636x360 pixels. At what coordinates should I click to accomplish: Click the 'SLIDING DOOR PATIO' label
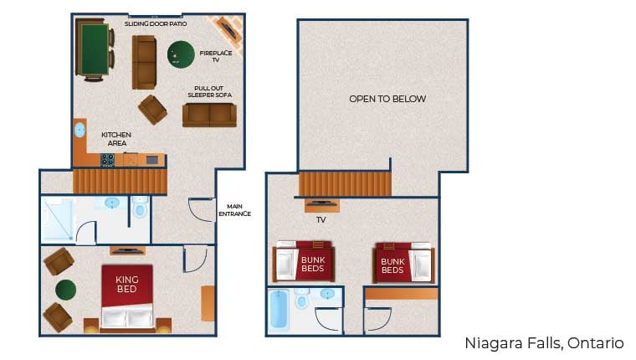point(156,24)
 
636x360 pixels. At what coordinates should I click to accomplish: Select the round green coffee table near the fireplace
point(181,54)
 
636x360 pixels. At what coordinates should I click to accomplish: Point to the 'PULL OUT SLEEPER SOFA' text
point(209,91)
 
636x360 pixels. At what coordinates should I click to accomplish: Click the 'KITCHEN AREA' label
point(115,138)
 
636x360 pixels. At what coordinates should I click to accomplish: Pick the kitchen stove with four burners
point(108,159)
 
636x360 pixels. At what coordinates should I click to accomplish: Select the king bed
point(127,297)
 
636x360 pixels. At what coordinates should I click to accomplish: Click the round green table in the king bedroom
point(65,290)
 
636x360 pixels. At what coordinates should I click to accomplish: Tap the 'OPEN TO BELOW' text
point(387,99)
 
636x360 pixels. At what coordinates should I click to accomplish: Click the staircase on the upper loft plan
point(345,183)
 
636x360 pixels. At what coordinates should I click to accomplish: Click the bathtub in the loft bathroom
point(279,311)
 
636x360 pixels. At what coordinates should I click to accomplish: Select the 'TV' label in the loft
point(321,221)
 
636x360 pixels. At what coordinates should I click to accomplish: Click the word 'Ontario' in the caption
point(597,343)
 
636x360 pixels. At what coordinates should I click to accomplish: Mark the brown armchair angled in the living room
point(152,109)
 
